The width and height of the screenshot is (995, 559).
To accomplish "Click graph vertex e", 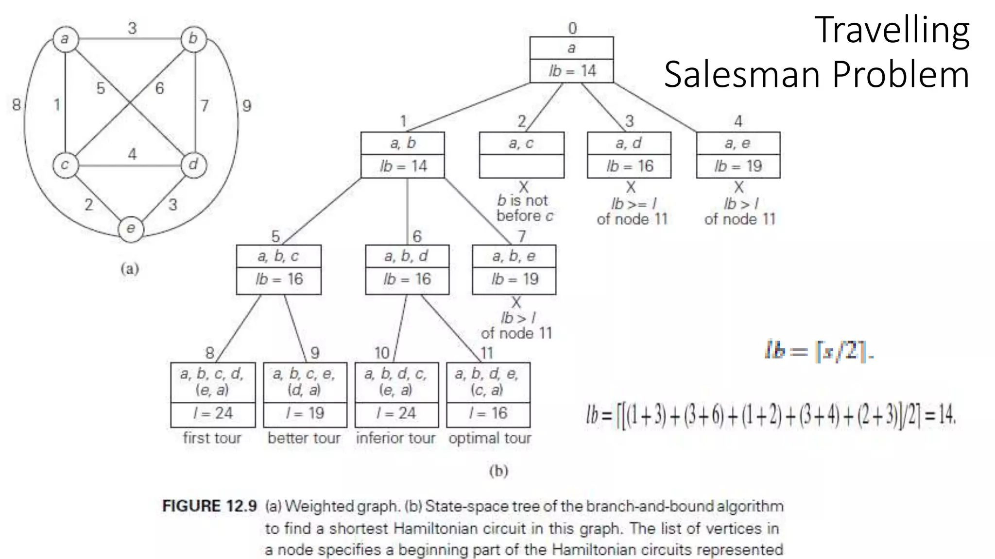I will pos(131,229).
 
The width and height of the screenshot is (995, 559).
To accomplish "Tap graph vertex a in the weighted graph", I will pos(65,39).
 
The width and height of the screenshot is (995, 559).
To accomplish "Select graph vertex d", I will pos(193,164).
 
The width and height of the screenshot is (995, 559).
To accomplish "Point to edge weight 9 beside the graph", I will pos(247,106).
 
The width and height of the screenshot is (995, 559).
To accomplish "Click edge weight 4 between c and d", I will pos(132,154).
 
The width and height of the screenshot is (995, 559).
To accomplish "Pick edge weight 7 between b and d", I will pos(205,105).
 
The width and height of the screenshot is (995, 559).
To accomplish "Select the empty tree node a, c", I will pos(521,155).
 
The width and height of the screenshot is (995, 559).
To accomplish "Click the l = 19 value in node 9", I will pos(305,413).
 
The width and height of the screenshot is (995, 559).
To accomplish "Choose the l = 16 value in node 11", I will pos(488,413).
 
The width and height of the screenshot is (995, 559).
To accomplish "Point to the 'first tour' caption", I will pos(212,438).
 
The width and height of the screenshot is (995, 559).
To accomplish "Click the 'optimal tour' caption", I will pos(490,438).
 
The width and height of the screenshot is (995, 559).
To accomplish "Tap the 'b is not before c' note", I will pos(524,208).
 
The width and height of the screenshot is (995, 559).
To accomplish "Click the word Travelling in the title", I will pos(892,31).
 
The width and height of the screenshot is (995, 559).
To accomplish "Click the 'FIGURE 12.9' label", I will pos(209,506).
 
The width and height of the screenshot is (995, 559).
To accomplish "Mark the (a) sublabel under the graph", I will pos(130,269).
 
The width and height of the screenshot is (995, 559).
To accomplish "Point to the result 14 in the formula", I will pos(946,414).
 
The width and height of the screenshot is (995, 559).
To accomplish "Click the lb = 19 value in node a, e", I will pos(738,166).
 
